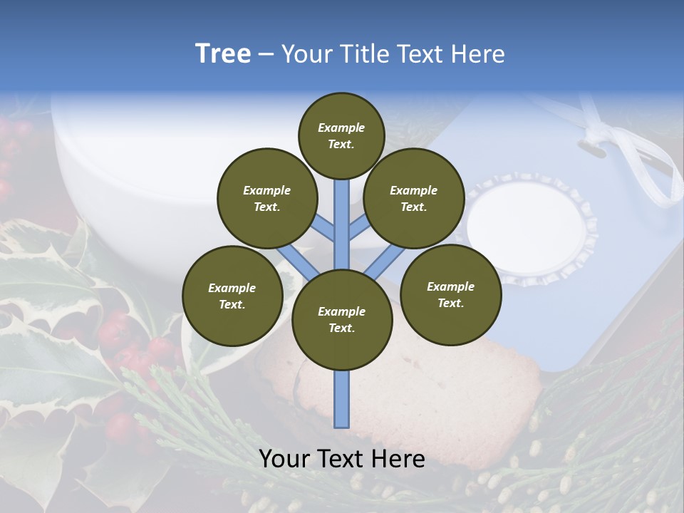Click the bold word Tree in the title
pos(223,54)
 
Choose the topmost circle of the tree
pos(341,135)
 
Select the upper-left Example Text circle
pos(266,198)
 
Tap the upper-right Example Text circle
pos(413,198)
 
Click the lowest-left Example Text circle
pos(232,296)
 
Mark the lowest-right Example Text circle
pos(450,294)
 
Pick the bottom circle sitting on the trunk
pos(341,319)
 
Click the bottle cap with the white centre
pos(531,228)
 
